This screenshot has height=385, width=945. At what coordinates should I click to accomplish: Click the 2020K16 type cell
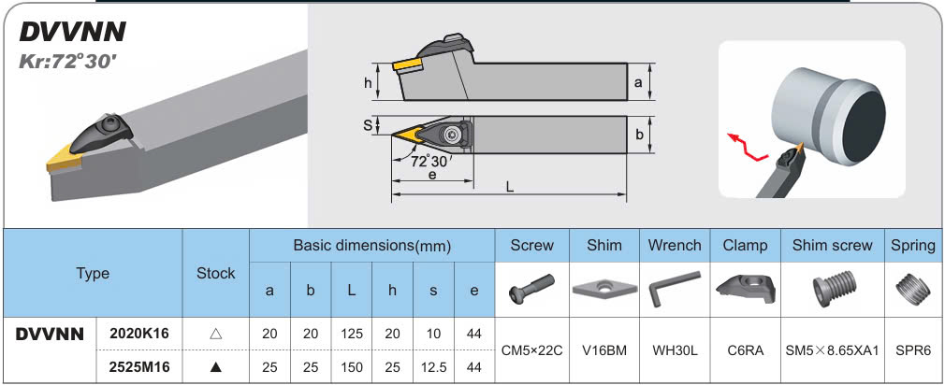[139, 334]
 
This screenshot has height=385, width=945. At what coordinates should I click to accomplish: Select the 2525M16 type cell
[139, 367]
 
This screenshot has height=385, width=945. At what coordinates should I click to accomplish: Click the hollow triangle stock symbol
[216, 334]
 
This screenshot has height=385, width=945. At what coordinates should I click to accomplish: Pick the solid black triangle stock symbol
[216, 367]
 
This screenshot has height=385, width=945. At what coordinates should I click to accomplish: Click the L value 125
[351, 334]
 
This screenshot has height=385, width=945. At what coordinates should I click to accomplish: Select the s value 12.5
[433, 367]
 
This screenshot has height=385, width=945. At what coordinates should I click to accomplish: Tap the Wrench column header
[675, 246]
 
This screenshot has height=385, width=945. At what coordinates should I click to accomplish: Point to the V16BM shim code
[603, 350]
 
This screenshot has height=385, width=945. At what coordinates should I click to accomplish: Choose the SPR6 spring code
[913, 350]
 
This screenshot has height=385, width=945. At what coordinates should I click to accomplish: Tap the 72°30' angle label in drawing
[431, 161]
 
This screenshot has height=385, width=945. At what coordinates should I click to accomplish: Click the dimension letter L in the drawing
[510, 187]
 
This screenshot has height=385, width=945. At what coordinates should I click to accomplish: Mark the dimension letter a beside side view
[638, 82]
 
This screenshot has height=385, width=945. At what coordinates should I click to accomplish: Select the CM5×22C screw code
[531, 350]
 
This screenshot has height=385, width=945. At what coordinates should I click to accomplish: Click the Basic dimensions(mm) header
[372, 246]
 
